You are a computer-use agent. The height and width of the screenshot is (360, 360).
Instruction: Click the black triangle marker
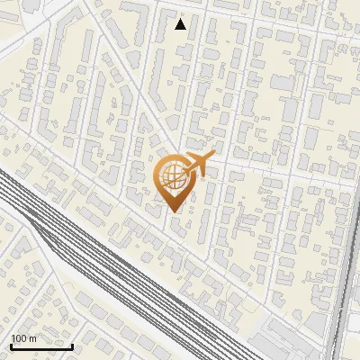[x=181, y=24]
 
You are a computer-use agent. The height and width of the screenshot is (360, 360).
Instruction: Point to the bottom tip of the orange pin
[x=174, y=212]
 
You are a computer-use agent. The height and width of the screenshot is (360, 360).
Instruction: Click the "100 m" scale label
[x=23, y=338]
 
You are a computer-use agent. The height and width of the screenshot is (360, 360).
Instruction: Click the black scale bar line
[x=41, y=346]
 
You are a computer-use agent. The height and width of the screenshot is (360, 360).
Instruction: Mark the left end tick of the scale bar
[x=11, y=344]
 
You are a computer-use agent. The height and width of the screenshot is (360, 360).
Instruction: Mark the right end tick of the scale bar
[x=72, y=344]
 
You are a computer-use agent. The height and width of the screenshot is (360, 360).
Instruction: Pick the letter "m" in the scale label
[x=32, y=338]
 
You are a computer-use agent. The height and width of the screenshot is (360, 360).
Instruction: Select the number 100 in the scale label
[x=19, y=338]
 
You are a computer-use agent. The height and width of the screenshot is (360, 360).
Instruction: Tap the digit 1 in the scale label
[x=13, y=338]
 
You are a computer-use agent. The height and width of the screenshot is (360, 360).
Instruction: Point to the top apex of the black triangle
[x=181, y=19]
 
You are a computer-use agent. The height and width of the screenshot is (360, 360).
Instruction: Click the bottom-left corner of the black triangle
[x=175, y=29]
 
